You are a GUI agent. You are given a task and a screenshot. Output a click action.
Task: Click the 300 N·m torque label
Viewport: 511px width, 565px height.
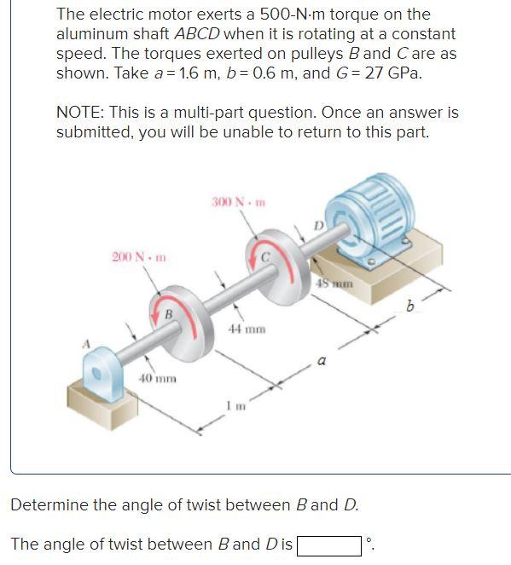(x=238, y=202)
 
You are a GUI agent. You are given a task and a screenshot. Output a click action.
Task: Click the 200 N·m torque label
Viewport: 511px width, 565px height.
(x=139, y=257)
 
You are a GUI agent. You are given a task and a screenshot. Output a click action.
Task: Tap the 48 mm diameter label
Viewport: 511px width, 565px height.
(x=332, y=282)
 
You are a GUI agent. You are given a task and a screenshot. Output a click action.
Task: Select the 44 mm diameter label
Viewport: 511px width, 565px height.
(x=247, y=328)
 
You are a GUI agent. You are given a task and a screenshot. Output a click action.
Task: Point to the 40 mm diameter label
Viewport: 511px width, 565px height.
(x=158, y=378)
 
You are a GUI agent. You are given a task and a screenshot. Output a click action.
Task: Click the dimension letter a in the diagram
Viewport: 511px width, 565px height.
(x=321, y=361)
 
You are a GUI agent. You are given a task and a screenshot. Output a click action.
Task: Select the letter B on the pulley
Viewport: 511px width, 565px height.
(x=169, y=314)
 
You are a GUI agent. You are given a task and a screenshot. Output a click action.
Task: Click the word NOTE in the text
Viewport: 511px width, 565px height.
(x=78, y=113)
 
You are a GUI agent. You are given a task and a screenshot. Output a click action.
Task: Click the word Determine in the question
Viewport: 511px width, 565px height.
(x=49, y=504)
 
